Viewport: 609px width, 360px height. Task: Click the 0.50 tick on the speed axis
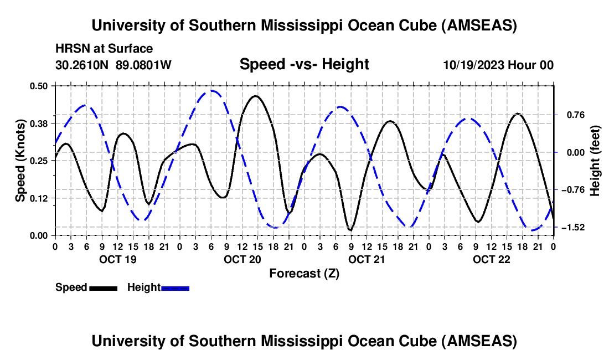click(x=39, y=85)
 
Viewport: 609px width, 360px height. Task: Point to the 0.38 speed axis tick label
click(x=39, y=122)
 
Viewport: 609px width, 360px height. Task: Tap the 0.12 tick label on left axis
click(x=39, y=198)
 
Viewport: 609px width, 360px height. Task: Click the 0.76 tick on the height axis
click(x=572, y=115)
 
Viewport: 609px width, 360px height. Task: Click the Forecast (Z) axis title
click(x=304, y=273)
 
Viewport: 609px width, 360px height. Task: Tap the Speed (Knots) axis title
click(x=20, y=161)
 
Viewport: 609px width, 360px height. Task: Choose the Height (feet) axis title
click(x=595, y=161)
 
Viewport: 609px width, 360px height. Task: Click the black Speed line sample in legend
click(x=103, y=287)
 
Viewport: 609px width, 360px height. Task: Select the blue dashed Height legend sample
click(x=176, y=287)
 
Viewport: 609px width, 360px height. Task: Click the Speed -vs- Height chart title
click(x=304, y=64)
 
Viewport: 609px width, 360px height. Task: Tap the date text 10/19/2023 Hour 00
click(x=498, y=65)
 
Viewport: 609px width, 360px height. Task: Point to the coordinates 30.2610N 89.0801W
click(x=113, y=65)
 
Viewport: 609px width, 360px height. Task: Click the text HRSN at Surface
click(x=104, y=49)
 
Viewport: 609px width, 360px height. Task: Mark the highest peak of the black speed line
click(x=255, y=96)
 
